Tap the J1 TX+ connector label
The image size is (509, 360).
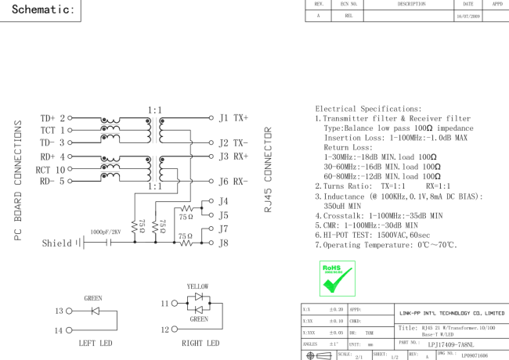[x=233, y=118]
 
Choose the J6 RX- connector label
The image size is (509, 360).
[x=233, y=182]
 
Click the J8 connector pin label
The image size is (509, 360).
[x=224, y=243]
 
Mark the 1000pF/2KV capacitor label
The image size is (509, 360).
[x=107, y=232]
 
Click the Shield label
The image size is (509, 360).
[x=57, y=243]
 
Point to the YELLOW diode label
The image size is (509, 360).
[x=198, y=287]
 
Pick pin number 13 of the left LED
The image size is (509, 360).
[x=60, y=311]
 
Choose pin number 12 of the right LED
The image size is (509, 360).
[x=164, y=329]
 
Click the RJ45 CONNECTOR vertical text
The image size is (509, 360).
[x=269, y=170]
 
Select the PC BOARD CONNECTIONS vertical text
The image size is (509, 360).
[x=18, y=181]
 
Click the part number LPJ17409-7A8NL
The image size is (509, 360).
[x=455, y=343]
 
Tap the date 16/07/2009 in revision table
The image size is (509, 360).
[x=468, y=15]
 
